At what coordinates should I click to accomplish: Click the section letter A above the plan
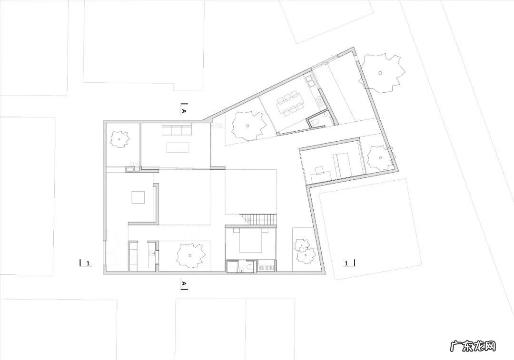[184, 111]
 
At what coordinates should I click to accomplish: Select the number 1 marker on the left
[88, 263]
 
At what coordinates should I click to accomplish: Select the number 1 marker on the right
[346, 263]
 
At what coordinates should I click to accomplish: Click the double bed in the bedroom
[251, 242]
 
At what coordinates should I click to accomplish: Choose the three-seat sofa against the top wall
[177, 129]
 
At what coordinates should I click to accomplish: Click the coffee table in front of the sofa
[178, 147]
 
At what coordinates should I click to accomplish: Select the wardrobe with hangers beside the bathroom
[266, 266]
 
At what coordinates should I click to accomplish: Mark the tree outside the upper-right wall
[381, 72]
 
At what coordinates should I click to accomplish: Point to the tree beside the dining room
[247, 126]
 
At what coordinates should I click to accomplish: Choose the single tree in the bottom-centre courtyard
[190, 255]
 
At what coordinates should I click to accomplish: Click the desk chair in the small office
[318, 170]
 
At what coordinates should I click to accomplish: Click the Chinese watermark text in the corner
[473, 346]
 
